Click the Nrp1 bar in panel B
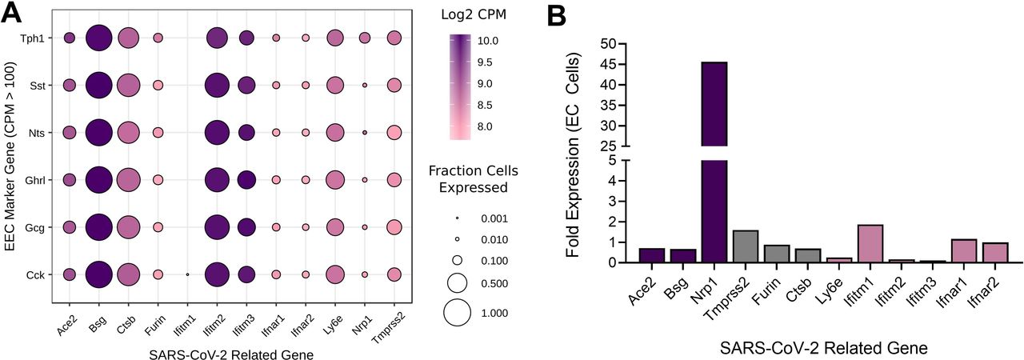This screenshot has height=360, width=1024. pos(714,162)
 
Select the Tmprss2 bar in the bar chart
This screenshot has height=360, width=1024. pos(745,246)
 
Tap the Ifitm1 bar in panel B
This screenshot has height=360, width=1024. pos(870,243)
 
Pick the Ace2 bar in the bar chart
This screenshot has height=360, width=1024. pos(652,255)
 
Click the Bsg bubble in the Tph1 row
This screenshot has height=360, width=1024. pos(98,38)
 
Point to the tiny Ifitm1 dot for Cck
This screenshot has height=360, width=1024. pos(187,274)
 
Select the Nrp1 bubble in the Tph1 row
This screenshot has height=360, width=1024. pos(365,38)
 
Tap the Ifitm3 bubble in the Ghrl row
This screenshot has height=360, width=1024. pos(247,180)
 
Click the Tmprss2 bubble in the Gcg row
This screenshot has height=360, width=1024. pos(394,227)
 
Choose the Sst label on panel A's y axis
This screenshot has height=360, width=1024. pos(38,86)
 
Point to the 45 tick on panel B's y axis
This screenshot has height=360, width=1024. pos(620,65)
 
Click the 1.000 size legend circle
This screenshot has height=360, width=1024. pos(457,313)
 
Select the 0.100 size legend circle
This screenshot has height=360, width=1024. pos(457,261)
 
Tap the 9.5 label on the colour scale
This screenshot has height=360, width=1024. pos(485,62)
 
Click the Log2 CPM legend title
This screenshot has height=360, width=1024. pos(474,14)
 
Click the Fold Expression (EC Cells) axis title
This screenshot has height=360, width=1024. pos(574,155)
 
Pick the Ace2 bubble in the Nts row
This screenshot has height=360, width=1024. pos(70,133)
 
